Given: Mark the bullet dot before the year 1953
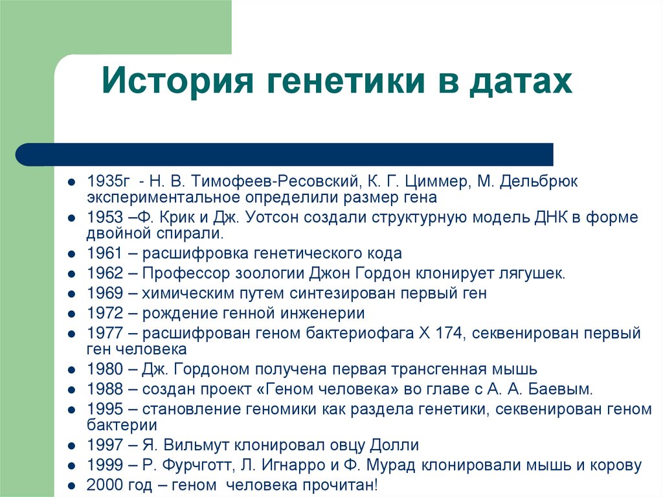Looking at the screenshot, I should (73, 218).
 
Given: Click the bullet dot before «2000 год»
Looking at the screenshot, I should (73, 485).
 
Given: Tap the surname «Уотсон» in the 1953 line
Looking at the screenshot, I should (265, 217).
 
